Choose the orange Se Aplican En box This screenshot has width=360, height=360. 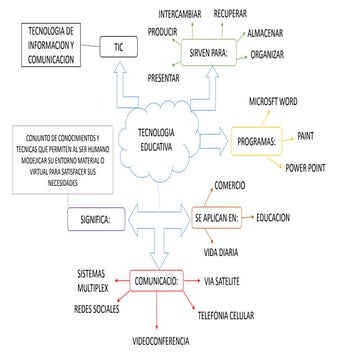218,216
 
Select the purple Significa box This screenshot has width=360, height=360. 95,217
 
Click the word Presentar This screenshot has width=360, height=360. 163,76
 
